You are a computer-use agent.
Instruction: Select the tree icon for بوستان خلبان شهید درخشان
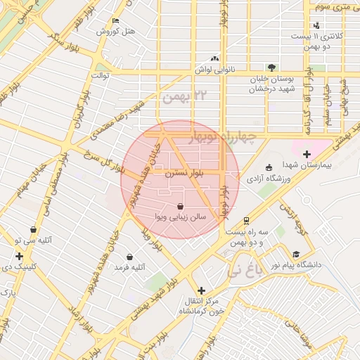271,67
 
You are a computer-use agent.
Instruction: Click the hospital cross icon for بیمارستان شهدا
307,154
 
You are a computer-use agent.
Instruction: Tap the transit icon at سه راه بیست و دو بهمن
246,220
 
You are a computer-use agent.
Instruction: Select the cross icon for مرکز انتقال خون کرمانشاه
202,290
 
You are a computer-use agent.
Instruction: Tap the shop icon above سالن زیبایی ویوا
181,207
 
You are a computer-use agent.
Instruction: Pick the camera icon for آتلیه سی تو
34,229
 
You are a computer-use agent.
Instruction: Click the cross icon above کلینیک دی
19,256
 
